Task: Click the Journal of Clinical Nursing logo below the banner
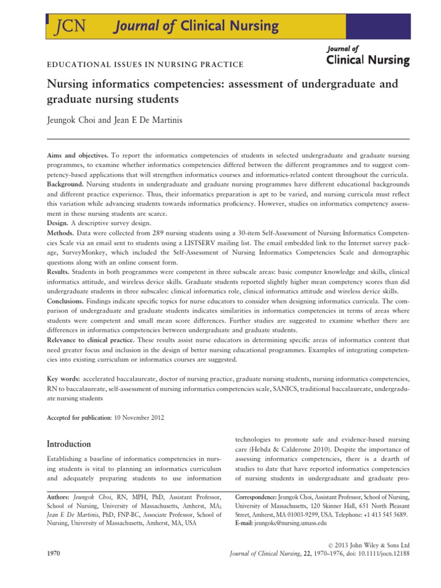[367, 55]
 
